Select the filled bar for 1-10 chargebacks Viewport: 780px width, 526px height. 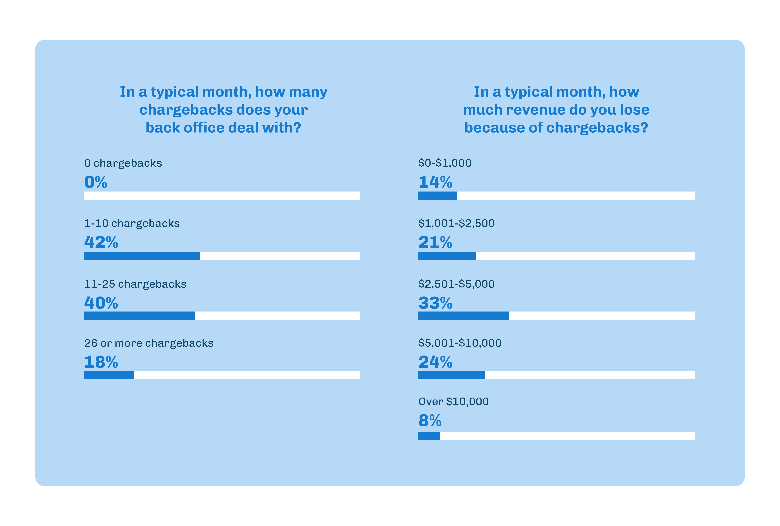click(x=142, y=256)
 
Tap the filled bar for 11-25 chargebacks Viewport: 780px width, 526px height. click(x=139, y=316)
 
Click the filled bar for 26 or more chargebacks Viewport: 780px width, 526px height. click(x=109, y=375)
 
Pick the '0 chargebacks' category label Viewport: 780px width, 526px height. click(x=123, y=163)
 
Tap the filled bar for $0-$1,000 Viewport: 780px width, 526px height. click(x=437, y=196)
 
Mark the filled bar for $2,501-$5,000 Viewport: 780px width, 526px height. click(x=464, y=316)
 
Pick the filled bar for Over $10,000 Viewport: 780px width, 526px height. click(x=429, y=436)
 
